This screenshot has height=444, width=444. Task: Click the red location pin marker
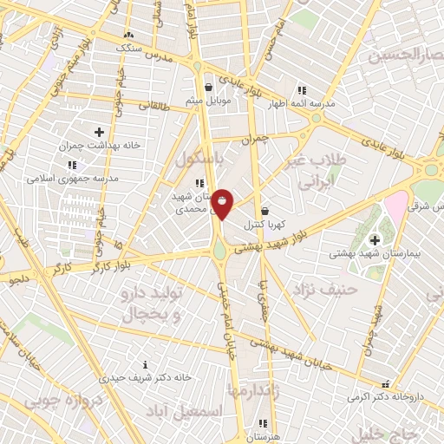[x=223, y=203]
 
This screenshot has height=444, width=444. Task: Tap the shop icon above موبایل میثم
[x=208, y=87]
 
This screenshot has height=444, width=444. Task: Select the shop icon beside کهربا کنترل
[x=264, y=211]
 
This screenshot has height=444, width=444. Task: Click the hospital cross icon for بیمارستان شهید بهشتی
[x=375, y=240]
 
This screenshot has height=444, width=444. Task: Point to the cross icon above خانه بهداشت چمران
[x=100, y=131]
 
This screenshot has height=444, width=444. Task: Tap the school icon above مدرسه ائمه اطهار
[x=302, y=89]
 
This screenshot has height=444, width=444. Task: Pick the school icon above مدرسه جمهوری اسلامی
[x=72, y=163]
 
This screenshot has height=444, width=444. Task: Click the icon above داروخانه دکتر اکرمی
[x=386, y=382]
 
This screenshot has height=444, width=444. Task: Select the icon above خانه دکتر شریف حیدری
[x=145, y=364]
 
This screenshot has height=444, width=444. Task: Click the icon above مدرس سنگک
[x=129, y=34]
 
